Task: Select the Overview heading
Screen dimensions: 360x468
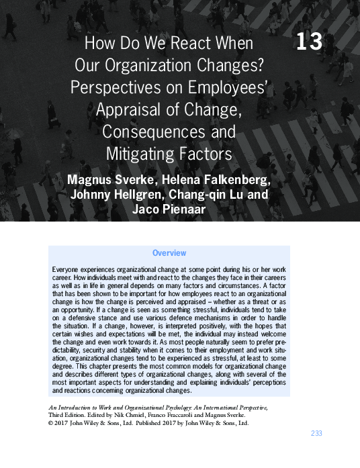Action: (169, 253)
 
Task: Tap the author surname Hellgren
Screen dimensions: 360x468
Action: (144, 195)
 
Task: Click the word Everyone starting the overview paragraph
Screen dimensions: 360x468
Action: (69, 269)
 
